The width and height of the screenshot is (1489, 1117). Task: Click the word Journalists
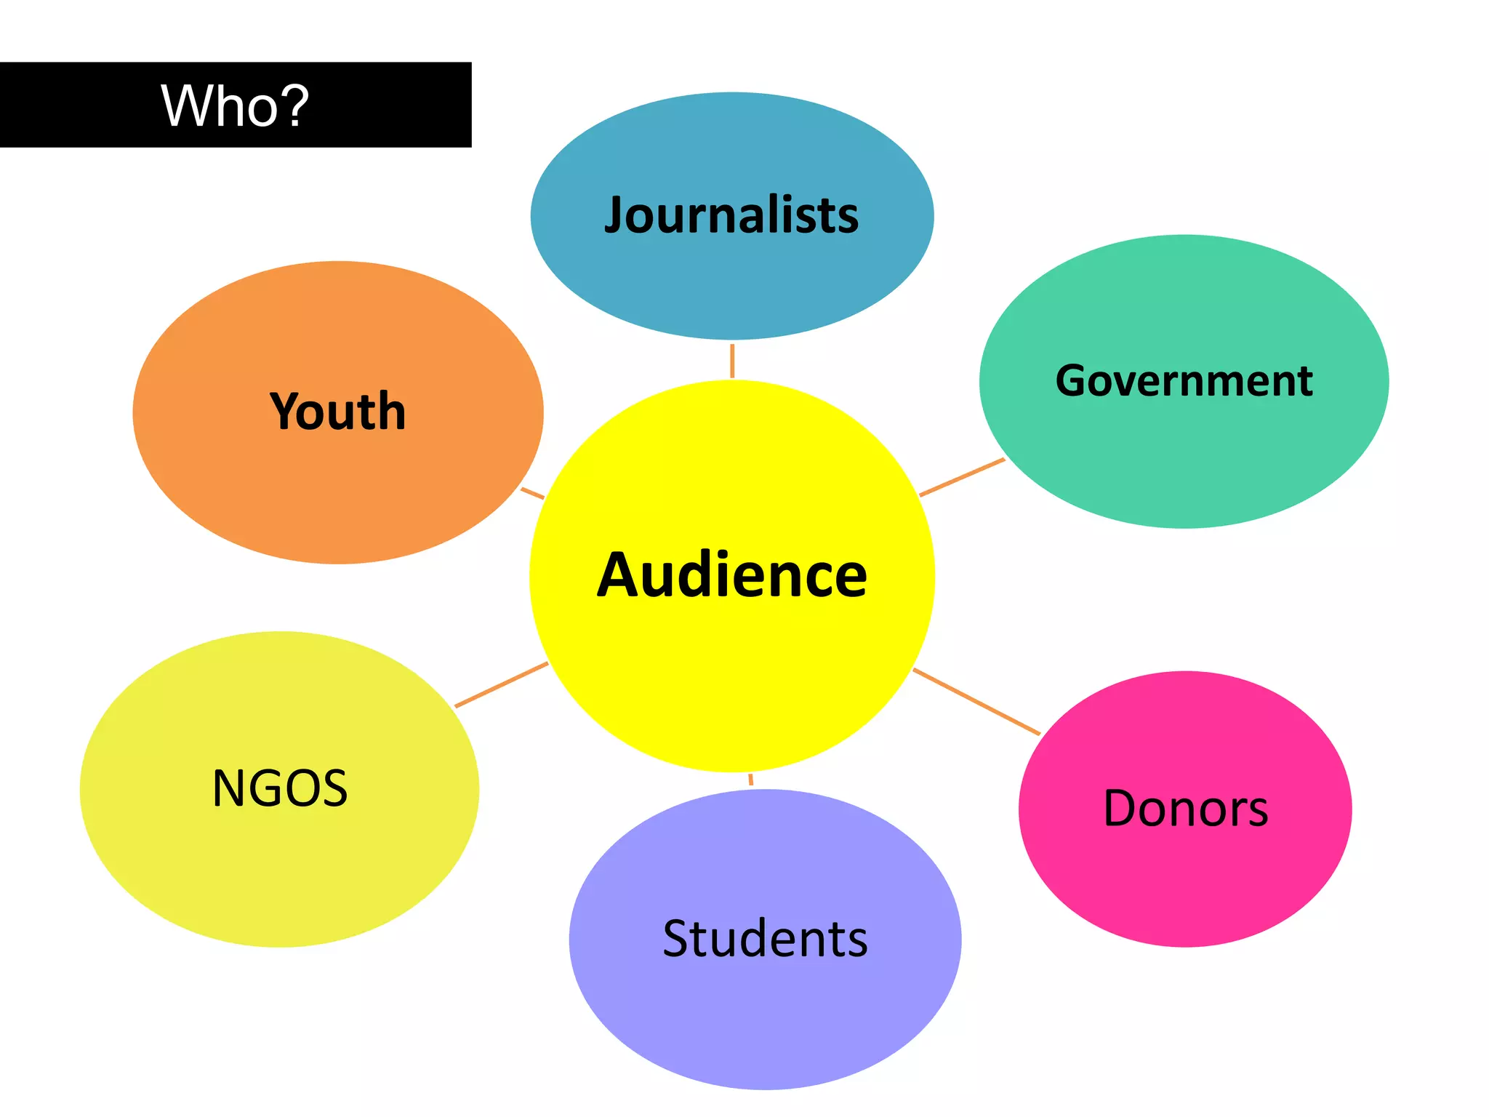coord(731,215)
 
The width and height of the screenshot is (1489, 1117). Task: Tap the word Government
coord(1184,380)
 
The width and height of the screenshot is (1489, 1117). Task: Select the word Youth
coord(337,412)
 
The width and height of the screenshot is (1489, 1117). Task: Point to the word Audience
coord(731,575)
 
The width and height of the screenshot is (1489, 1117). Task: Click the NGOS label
coord(280,788)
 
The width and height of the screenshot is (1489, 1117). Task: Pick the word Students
coord(765,938)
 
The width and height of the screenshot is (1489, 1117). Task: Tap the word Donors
coord(1185,808)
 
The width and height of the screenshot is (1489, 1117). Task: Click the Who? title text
coord(235,106)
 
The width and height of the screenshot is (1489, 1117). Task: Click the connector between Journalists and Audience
coord(732,360)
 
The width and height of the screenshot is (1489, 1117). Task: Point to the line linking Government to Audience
coord(961,477)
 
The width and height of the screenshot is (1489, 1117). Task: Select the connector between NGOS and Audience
coord(501,684)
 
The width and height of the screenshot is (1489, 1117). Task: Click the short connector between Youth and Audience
coord(533,493)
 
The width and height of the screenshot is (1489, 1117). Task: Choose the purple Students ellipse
coord(765,1018)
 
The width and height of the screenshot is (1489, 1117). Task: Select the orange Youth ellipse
coord(337,495)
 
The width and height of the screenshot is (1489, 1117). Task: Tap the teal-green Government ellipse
coord(1184,465)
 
